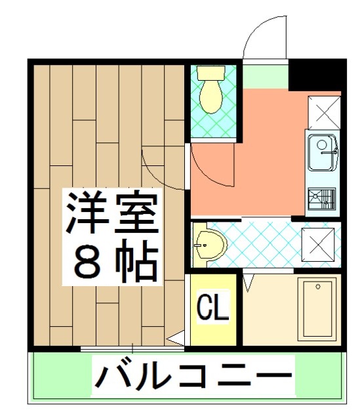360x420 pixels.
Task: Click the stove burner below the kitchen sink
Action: pos(321,197)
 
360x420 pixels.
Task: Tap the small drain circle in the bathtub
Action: pos(318,287)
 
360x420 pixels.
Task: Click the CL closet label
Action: pos(213,306)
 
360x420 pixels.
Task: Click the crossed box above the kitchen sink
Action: pos(322,112)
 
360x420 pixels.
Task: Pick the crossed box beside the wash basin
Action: pos(318,244)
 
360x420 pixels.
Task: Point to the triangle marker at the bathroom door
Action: pos(248,284)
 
